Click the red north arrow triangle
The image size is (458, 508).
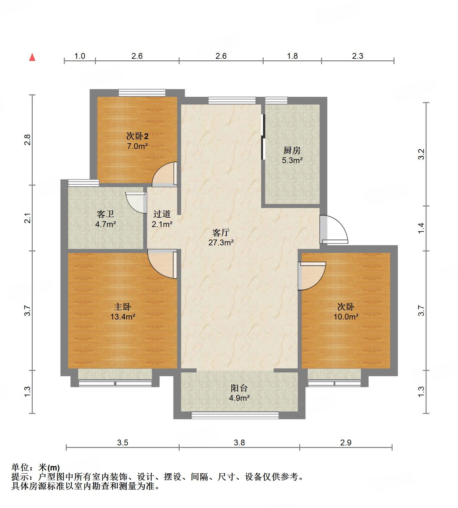pos(32,57)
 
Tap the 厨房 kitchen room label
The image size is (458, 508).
pos(292,150)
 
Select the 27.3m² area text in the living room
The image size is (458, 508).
pos(221,243)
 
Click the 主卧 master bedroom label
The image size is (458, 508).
pos(123,307)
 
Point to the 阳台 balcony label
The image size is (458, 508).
pos(239,388)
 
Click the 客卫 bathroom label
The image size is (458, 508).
pos(106,214)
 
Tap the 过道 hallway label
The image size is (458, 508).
pos(162,214)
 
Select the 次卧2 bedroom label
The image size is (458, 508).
pos(137,136)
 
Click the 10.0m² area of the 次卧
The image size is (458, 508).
pos(345,317)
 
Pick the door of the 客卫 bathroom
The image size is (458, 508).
pos(135,202)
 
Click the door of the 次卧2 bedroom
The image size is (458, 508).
pos(165,175)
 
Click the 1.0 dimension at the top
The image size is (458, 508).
pos(80,56)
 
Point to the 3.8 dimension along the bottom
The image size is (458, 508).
pos(239,443)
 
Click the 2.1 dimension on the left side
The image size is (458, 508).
pos(28,218)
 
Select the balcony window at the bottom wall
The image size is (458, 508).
pos(235,415)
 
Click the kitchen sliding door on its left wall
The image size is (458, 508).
pos(263,137)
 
